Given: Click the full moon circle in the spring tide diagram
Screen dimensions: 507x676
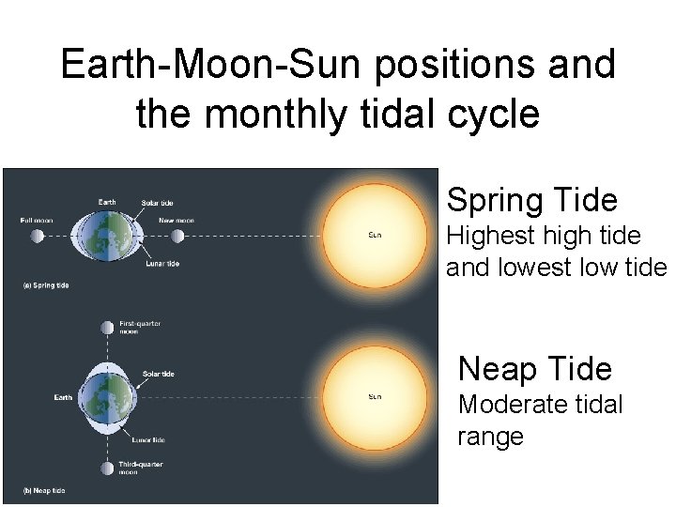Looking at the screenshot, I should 38,236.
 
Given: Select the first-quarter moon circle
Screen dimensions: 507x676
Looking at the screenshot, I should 107,328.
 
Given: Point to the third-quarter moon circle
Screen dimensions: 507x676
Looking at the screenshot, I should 107,467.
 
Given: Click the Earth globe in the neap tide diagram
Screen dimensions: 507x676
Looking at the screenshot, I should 107,397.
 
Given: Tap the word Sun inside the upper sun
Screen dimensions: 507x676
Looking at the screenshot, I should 374,235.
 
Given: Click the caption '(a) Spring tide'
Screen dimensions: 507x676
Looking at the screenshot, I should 44,284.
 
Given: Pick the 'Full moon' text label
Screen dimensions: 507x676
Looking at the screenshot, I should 37,221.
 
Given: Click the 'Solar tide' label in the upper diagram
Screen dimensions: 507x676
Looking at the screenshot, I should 157,203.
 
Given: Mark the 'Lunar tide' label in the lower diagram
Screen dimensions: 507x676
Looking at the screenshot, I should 147,439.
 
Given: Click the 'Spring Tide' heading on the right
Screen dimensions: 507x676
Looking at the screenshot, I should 531,200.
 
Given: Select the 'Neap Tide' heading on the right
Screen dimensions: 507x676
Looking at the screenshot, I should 534,369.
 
